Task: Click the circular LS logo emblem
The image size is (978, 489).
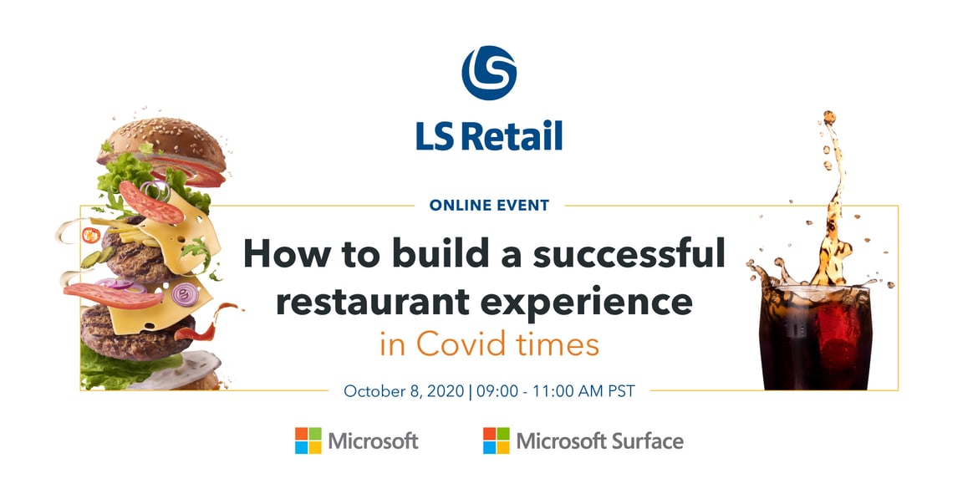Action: pos(489,73)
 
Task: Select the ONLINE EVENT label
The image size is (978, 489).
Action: pos(489,205)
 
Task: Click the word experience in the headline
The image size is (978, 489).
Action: pos(578,303)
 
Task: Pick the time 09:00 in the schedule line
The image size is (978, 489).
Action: pos(495,392)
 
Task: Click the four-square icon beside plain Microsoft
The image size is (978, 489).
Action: pos(308,441)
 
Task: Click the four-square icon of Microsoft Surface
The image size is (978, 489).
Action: pos(497,441)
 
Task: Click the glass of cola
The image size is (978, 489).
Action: pos(815,337)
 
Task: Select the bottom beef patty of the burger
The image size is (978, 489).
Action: pos(137,329)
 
